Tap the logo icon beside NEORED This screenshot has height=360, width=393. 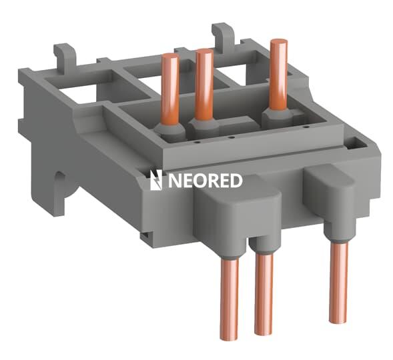155,180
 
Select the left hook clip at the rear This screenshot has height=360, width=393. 64,53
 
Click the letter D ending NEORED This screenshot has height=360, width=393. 234,180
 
